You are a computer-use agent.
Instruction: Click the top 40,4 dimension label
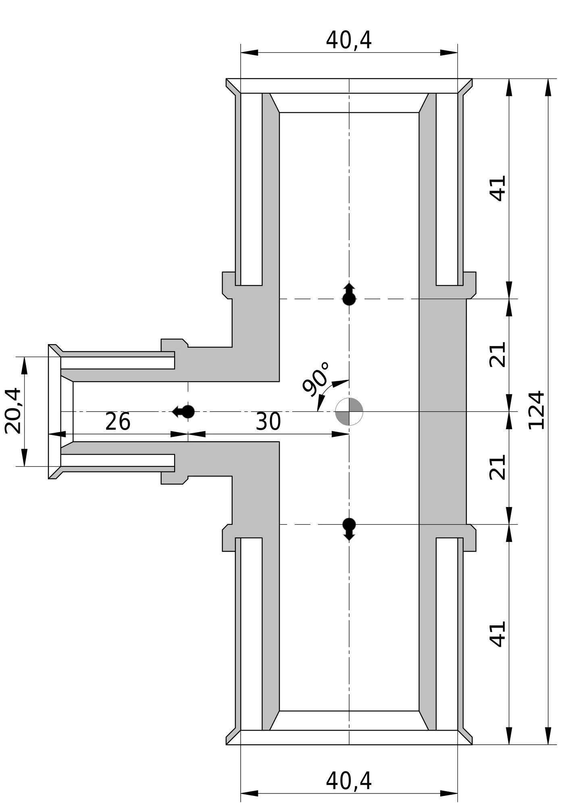pos(349,40)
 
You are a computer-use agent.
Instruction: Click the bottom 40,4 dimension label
pos(349,781)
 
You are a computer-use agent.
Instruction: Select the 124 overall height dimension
pos(537,410)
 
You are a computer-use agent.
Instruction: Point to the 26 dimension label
pos(118,422)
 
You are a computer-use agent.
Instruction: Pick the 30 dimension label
pos(268,422)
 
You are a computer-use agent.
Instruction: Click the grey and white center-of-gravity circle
pos(349,411)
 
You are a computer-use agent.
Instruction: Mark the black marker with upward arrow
pos(349,294)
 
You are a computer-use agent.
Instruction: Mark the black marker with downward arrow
pos(349,529)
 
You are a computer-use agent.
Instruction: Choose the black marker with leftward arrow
pos(183,411)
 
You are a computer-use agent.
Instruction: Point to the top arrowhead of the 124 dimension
pos(548,87)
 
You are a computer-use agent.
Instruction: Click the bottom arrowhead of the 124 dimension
pos(548,736)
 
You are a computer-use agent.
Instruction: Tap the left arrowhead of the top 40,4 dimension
pos(249,52)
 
